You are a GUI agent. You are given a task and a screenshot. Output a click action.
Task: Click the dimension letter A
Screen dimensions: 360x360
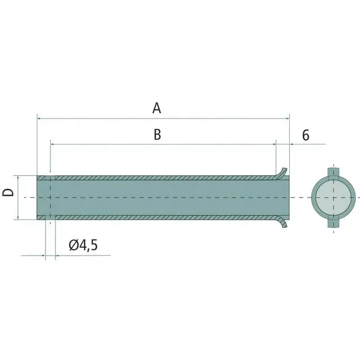[x=156, y=108]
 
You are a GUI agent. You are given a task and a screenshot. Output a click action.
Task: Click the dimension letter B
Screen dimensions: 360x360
[x=157, y=135]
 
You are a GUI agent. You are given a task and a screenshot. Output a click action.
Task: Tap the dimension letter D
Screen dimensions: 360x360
[x=8, y=192]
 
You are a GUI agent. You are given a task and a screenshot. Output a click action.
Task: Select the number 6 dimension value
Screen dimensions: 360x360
[x=306, y=135]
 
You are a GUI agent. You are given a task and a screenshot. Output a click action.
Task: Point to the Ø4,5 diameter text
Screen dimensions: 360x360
[x=83, y=245]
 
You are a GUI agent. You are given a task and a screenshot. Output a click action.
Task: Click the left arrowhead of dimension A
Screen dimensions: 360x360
[x=39, y=119]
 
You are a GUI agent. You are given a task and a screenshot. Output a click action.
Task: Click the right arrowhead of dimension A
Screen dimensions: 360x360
[x=287, y=119]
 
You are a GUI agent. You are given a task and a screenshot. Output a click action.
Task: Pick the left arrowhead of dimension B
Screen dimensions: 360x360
[x=53, y=144]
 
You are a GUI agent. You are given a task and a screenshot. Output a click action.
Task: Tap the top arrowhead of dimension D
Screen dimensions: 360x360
[x=18, y=178]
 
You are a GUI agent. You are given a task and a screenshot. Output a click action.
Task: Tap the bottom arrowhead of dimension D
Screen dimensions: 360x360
[x=18, y=217]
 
